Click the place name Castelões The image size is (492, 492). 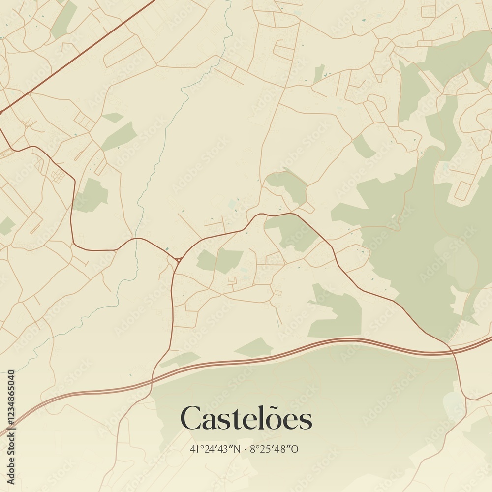point(246,419)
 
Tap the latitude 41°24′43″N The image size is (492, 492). point(216,449)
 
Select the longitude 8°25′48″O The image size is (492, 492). point(275,449)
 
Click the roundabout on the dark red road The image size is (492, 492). point(177,259)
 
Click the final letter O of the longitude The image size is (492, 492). point(296,449)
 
